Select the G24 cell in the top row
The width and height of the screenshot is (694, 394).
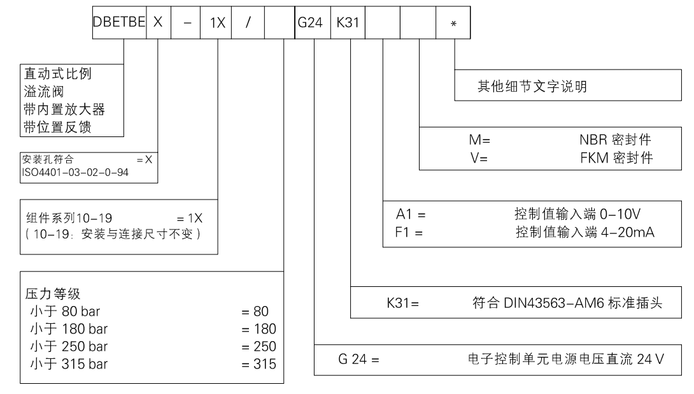coord(312,22)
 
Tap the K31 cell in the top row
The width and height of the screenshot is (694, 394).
coord(348,22)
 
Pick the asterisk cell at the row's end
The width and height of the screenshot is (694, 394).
coord(453,23)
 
